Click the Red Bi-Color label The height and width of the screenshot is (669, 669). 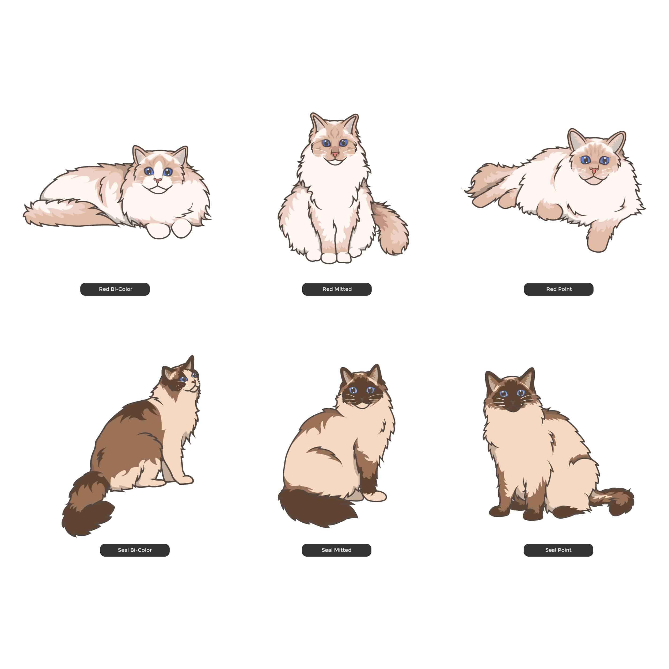[x=115, y=289]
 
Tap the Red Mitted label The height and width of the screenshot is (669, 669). [x=337, y=289]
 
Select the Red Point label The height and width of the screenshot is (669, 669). [x=558, y=289]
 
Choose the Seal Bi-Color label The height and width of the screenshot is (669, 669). [x=135, y=550]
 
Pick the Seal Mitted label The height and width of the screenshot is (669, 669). [x=337, y=550]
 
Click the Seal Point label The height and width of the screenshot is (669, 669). [x=558, y=550]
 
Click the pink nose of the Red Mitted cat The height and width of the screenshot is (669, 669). [x=335, y=153]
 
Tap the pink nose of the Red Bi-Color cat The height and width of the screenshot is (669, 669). [x=158, y=180]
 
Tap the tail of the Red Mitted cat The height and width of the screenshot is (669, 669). [x=391, y=229]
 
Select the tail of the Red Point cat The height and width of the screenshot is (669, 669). [x=492, y=180]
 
